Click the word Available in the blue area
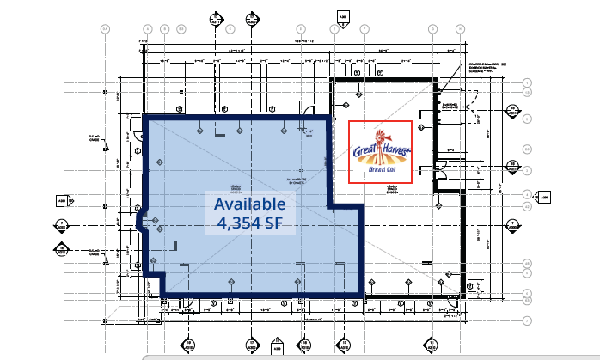pos(248,204)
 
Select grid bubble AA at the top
pos(106,29)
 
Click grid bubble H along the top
pos(460,29)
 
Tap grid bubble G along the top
pos(432,29)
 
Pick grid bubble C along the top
pos(231,29)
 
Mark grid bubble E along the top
pos(299,29)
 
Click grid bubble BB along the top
pos(181,29)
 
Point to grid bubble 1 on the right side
pos(527,82)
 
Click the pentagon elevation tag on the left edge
pos(62,201)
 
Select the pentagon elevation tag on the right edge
pos(541,199)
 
